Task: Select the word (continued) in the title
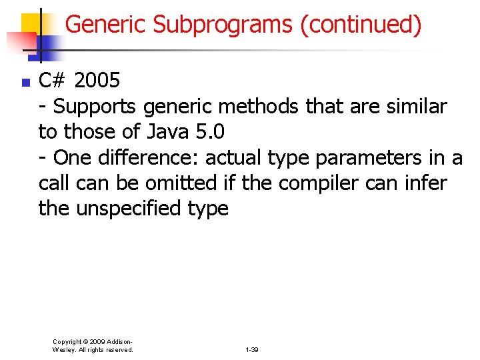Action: pos(361,25)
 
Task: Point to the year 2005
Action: pos(97,81)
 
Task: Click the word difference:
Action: pos(150,157)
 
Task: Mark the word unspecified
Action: pos(128,208)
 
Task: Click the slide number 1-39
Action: pos(252,349)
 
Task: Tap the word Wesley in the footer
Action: pos(64,349)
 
